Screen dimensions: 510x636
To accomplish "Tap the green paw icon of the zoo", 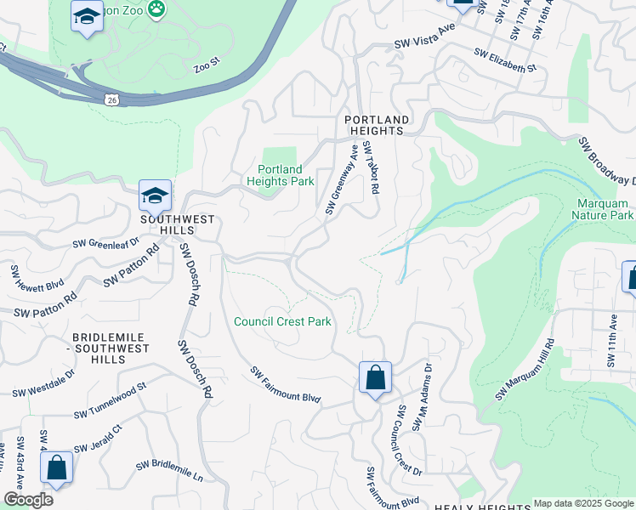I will pos(156,9).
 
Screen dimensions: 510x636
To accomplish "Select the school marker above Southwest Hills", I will pos(155,197).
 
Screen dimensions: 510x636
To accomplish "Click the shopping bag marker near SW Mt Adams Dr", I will pos(375,377).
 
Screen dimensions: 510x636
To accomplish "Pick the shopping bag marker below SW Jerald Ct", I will pos(56,468).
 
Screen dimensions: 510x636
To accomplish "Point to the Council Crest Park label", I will pos(282,322).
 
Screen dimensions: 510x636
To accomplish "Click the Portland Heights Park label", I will pos(281,174).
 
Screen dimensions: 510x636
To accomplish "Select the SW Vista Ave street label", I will pos(425,47).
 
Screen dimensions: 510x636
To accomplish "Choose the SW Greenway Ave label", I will pos(342,179).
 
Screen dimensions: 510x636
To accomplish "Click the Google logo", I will pos(27,500).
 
